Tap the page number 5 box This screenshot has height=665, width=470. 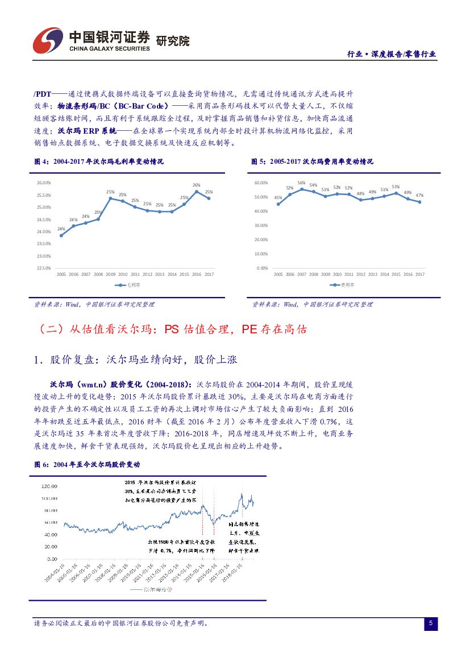point(431,623)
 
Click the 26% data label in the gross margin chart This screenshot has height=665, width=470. point(196,185)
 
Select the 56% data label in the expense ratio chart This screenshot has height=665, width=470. point(301,183)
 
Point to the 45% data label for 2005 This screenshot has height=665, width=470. point(278,197)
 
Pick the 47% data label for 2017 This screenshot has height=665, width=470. point(420,195)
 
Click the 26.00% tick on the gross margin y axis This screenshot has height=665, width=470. point(44,183)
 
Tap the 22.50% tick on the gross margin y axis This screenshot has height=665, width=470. point(44,268)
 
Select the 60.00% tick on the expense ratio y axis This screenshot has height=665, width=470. point(261,183)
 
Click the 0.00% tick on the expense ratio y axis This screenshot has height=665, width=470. point(262,268)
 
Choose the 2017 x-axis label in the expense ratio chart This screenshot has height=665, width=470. point(420,274)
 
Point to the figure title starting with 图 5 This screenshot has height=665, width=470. point(313,162)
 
